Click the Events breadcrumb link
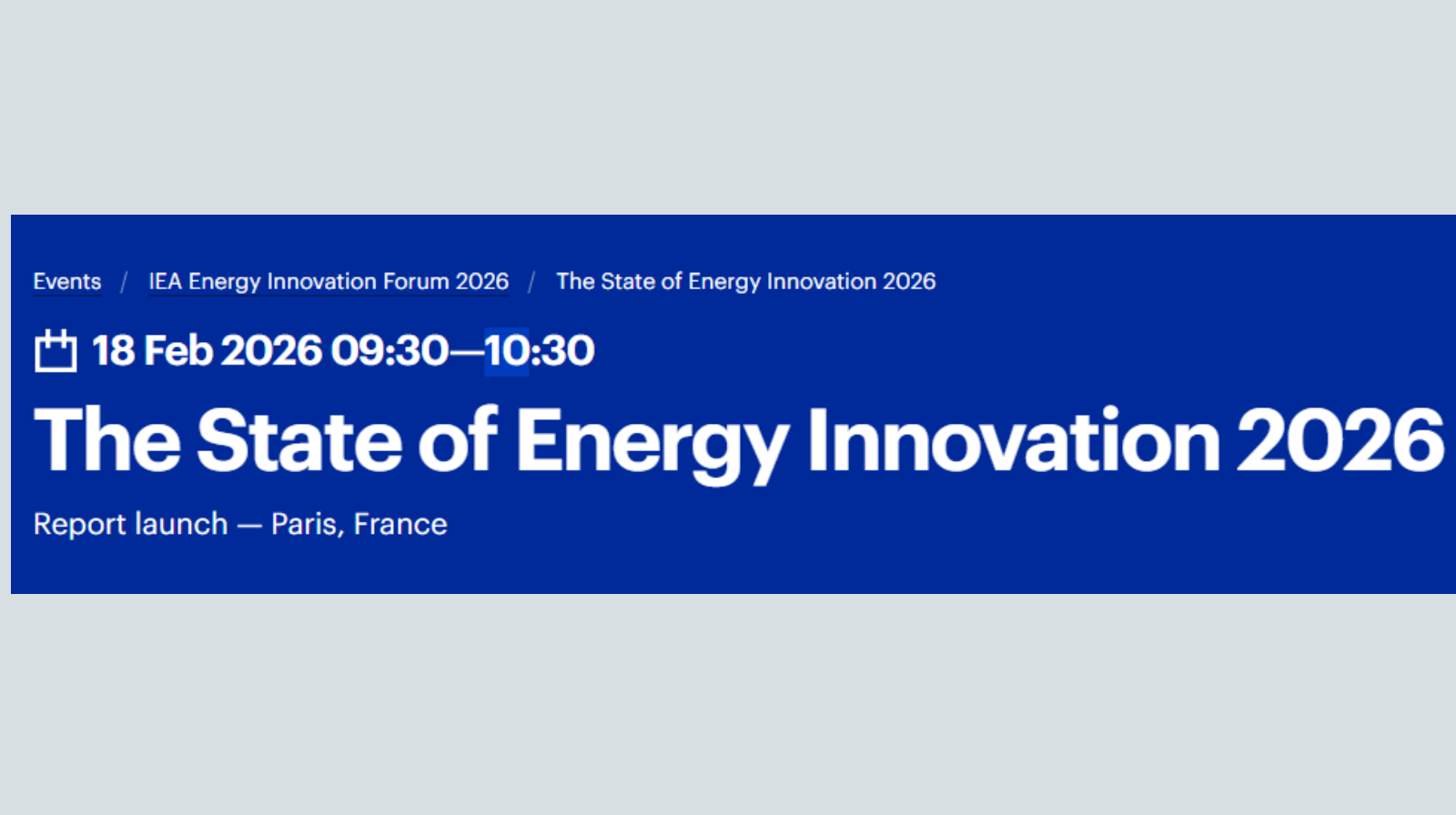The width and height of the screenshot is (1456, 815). pyautogui.click(x=67, y=281)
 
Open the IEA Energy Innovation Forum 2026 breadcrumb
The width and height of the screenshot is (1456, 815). pyautogui.click(x=329, y=281)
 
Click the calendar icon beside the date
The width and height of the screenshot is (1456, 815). pyautogui.click(x=56, y=350)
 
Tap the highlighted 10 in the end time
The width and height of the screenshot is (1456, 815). pyautogui.click(x=506, y=351)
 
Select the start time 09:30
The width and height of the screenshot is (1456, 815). pyautogui.click(x=390, y=351)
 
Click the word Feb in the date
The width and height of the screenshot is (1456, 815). pyautogui.click(x=178, y=351)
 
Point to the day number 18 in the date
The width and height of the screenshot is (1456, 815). pyautogui.click(x=113, y=351)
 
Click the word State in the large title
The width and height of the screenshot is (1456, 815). pyautogui.click(x=299, y=440)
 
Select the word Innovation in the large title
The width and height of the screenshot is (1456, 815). pyautogui.click(x=1014, y=438)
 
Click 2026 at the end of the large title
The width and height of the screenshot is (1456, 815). pyautogui.click(x=1340, y=440)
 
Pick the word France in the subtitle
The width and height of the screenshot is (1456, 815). pyautogui.click(x=400, y=525)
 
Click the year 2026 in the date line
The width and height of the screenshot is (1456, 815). pyautogui.click(x=272, y=351)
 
